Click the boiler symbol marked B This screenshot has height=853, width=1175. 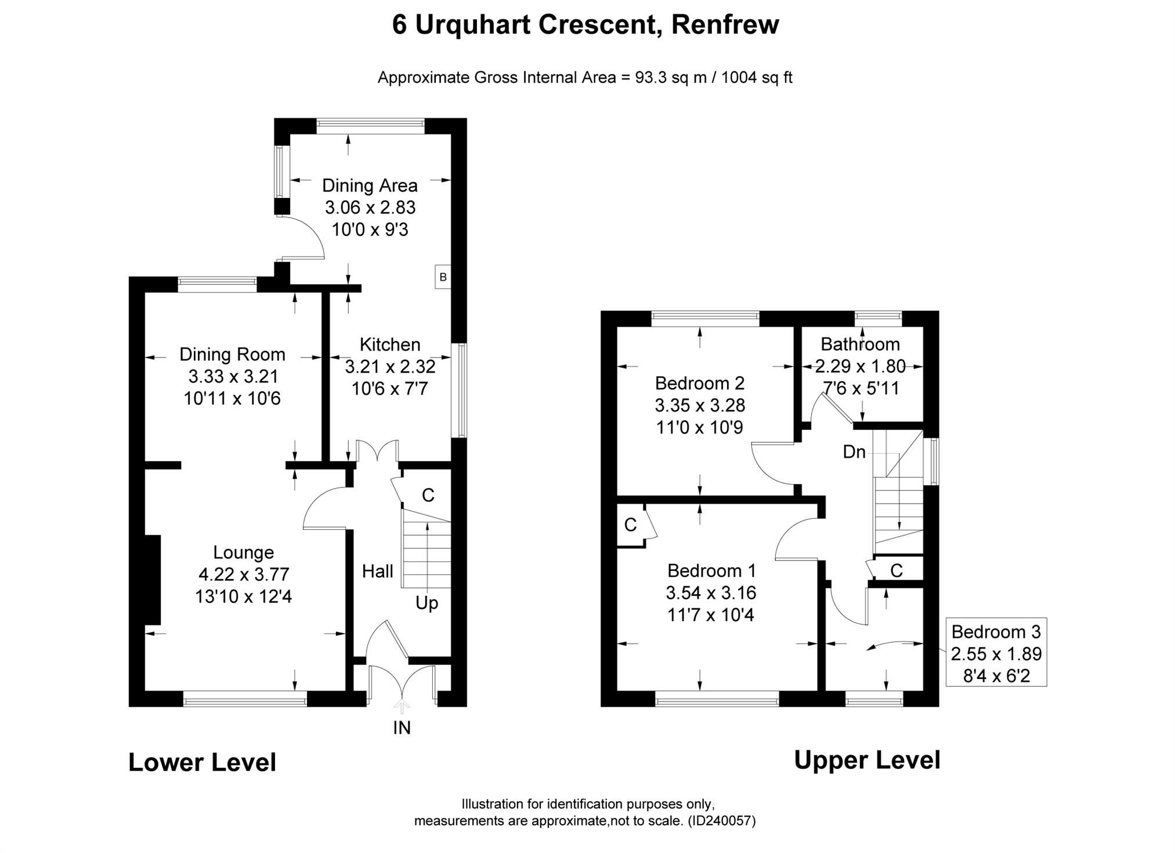tap(443, 277)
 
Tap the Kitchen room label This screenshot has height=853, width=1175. tap(390, 345)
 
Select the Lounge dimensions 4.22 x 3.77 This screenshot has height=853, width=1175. tap(244, 574)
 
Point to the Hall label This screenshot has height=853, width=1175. tap(378, 572)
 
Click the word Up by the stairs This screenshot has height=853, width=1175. tap(426, 603)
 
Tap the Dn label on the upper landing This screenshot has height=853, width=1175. tap(854, 452)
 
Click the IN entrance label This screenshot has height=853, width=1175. tap(402, 728)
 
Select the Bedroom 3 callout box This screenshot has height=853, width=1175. tap(996, 652)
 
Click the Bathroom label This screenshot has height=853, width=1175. tap(860, 345)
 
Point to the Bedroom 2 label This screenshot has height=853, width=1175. tap(700, 384)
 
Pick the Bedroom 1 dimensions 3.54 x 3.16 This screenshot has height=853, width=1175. tap(711, 593)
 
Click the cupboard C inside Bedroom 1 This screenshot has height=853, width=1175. tap(630, 525)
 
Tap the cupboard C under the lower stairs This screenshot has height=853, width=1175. tap(428, 496)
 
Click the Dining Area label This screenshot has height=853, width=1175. tap(370, 186)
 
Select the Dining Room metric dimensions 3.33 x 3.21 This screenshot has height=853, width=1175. tap(233, 377)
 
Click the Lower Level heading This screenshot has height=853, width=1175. tap(202, 762)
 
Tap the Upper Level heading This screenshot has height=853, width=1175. tap(867, 760)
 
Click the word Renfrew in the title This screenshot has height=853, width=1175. tap(725, 25)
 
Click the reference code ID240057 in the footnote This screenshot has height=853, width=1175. tap(721, 821)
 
